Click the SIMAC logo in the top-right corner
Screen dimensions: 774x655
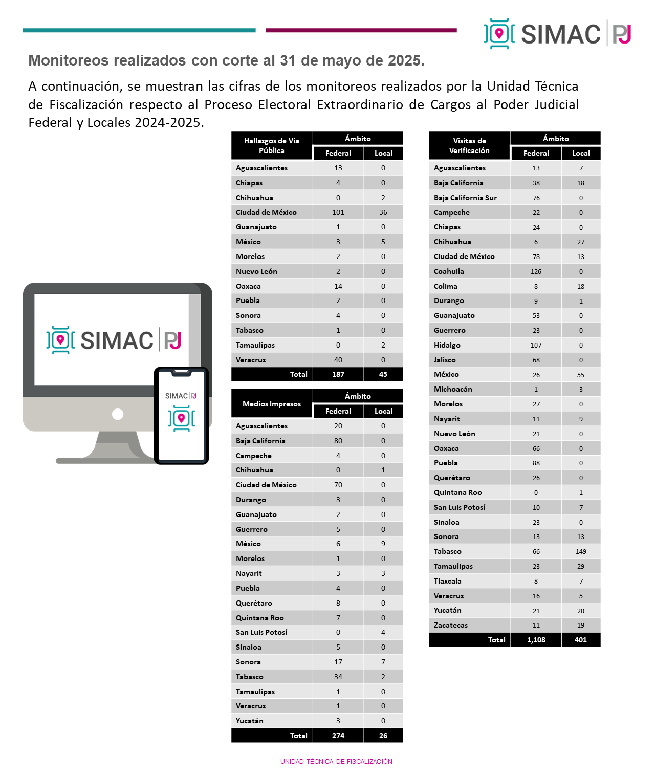coord(557,34)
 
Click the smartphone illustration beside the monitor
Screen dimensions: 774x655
coord(181,415)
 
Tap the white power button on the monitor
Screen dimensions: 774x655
coord(118,414)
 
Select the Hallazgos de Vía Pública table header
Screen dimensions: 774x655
coord(271,145)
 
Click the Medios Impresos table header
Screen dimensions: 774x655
coord(271,404)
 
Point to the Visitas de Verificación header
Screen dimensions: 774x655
coord(469,145)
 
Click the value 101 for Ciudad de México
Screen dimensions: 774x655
coord(338,212)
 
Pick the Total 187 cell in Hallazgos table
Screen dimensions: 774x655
coord(338,374)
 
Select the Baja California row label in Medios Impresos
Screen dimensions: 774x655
coord(260,441)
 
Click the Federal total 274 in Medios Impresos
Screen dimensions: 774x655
coord(338,736)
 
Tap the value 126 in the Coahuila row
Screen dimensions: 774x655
coord(536,271)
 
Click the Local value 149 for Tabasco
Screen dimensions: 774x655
coord(581,551)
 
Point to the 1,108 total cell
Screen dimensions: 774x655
coord(536,640)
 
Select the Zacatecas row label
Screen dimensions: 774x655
coord(451,625)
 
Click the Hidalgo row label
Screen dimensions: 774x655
coord(447,345)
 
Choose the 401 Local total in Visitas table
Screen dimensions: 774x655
coord(581,640)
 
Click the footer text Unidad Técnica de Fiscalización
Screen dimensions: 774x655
coord(336,761)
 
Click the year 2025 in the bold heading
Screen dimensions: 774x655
coord(405,60)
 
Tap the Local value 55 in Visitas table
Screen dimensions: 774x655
coord(581,375)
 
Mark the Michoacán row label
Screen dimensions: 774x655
coord(453,389)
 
